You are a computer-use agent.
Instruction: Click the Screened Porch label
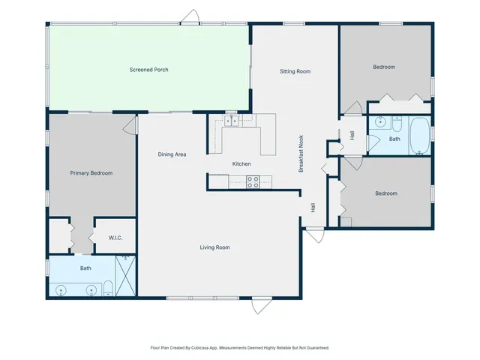pos(148,70)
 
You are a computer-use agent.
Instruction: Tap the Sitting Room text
pos(295,71)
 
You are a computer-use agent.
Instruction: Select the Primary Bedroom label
pos(91,173)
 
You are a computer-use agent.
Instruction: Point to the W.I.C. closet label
pos(115,238)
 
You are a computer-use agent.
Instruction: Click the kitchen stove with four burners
pos(253,181)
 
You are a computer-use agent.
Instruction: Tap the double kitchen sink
pos(232,121)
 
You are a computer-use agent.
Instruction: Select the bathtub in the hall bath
pos(419,136)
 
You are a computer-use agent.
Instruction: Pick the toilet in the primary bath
pos(108,287)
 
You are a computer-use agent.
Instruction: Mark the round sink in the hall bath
pos(380,121)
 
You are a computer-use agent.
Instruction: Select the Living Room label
pos(214,247)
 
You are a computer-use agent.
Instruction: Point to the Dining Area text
pos(172,154)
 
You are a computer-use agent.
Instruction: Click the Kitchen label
pos(241,163)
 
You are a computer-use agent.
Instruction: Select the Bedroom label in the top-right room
pos(384,67)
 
